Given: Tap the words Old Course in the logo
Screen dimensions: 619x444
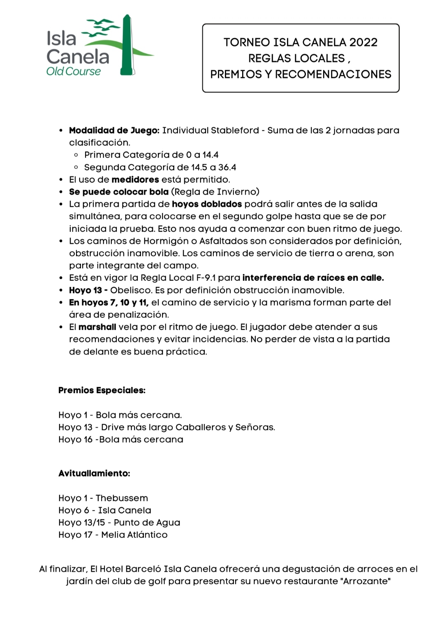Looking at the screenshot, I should coord(73,71).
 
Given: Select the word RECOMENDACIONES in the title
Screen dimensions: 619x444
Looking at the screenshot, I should coord(333,74).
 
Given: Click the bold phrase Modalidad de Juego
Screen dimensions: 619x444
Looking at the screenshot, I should coord(114,131).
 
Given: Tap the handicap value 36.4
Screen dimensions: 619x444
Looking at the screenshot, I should coord(227,167).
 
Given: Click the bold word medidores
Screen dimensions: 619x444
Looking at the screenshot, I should coord(135,180).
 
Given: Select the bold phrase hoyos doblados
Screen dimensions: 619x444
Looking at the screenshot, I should coord(207,204).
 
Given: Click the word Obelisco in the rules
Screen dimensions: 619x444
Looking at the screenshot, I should coord(131,290).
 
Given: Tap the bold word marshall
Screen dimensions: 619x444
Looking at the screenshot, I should coord(97,327).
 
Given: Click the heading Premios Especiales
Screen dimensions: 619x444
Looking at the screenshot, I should coord(102,390).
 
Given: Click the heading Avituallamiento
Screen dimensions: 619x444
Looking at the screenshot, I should coord(94,473).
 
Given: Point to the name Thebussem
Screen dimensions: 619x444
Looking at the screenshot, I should coord(122,498).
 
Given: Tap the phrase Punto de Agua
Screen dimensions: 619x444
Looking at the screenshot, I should coord(147,523).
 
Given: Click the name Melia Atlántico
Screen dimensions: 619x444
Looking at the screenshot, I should coord(134,535).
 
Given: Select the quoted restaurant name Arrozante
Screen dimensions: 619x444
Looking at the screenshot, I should coord(365,581).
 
